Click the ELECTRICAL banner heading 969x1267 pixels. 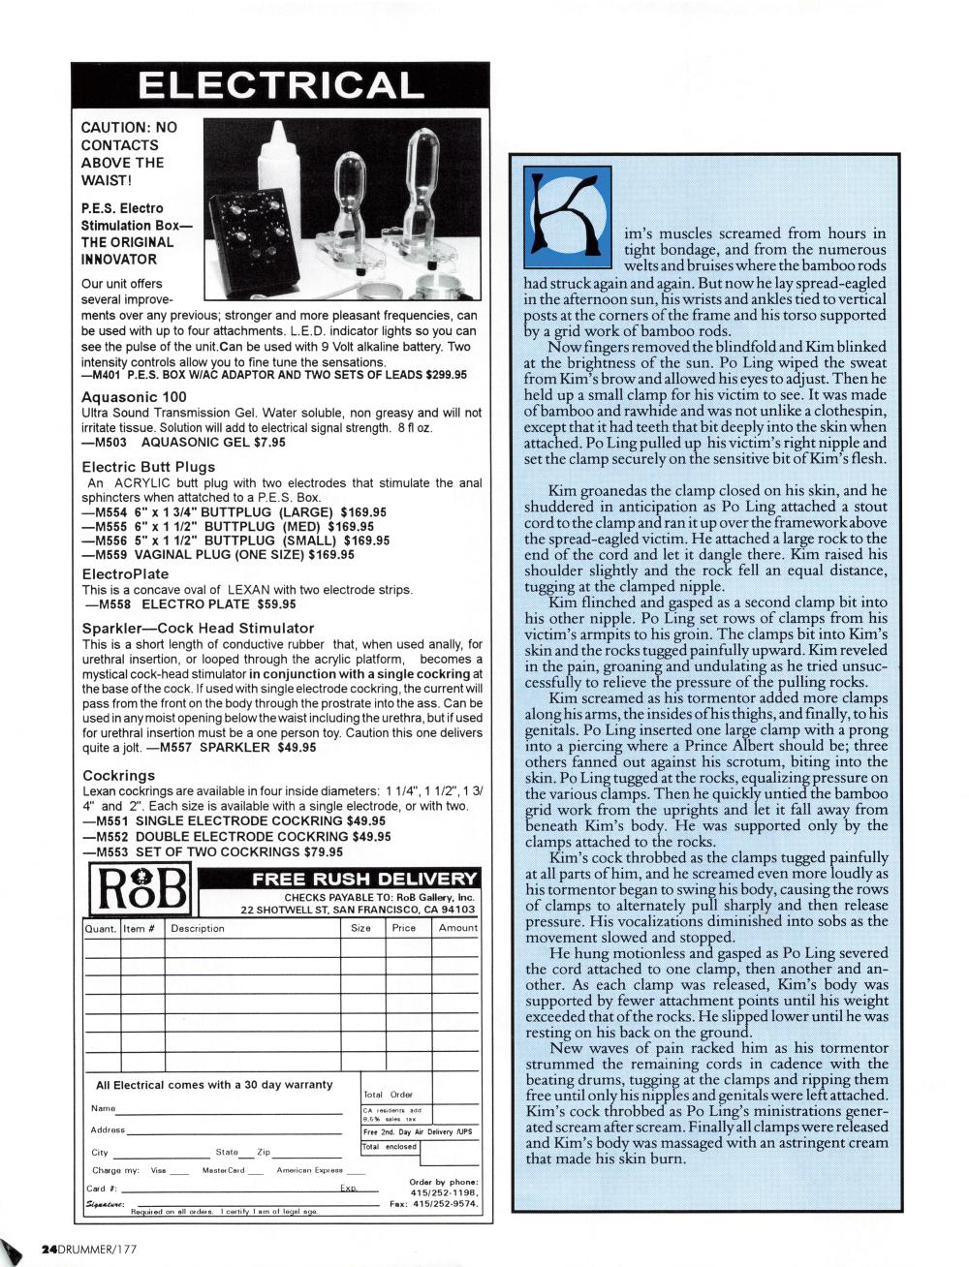click(x=280, y=85)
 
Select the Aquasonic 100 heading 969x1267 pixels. click(x=134, y=396)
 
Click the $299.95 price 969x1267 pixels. click(x=440, y=375)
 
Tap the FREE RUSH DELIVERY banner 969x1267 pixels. click(x=364, y=879)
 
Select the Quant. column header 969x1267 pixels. click(x=101, y=928)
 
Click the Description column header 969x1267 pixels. click(x=197, y=928)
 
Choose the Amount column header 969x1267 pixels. click(x=457, y=928)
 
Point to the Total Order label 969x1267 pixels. click(x=388, y=1094)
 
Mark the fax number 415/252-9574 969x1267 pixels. click(x=445, y=1204)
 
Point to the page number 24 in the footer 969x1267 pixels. click(x=48, y=1250)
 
